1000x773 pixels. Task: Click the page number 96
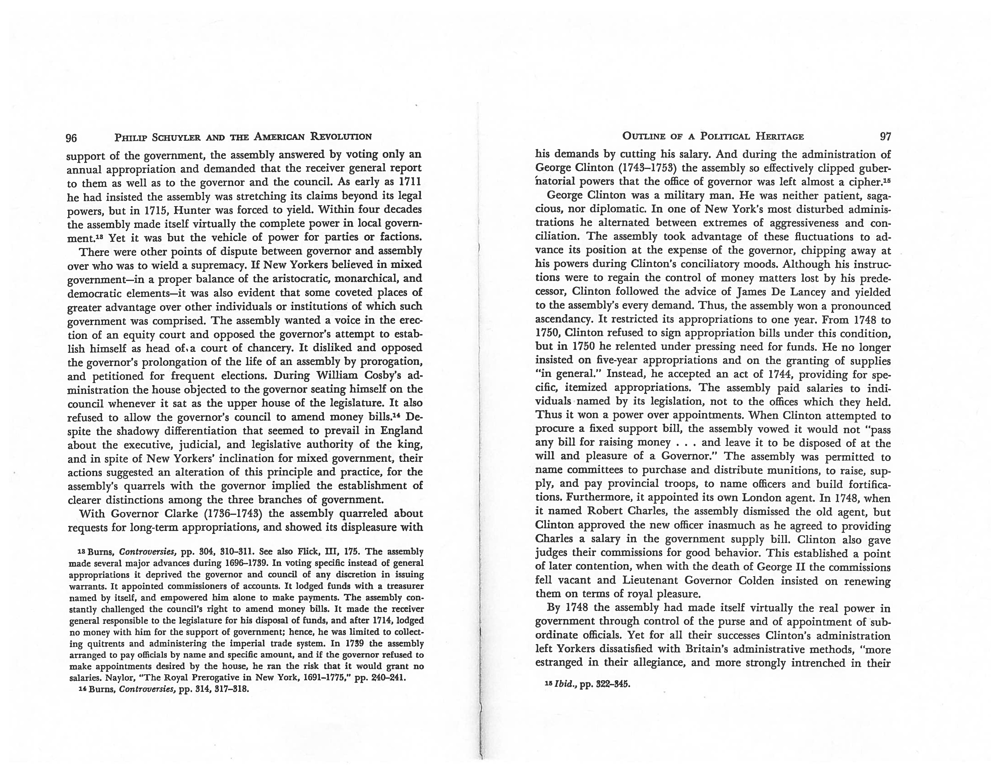71,137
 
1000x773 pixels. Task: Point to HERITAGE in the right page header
780,136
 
